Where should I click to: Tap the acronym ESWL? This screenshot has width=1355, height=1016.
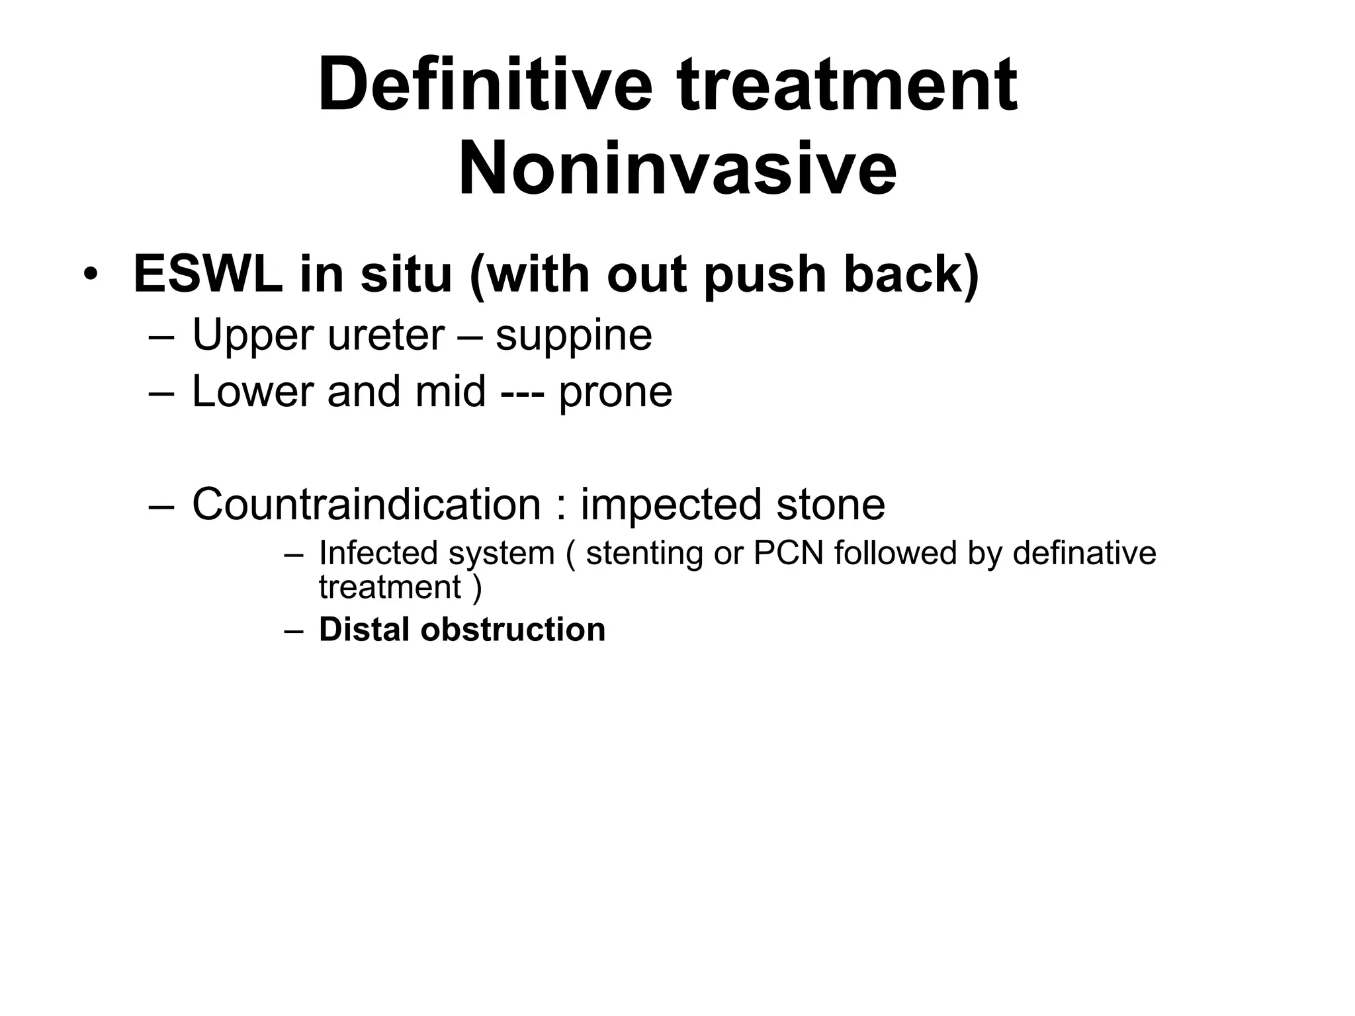[207, 274]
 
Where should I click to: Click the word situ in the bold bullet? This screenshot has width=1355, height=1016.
[406, 274]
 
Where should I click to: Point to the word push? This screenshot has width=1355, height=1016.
[765, 275]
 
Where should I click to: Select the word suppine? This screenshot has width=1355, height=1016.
[574, 337]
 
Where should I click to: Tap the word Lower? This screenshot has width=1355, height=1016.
[252, 392]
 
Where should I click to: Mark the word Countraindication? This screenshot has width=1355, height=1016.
[367, 505]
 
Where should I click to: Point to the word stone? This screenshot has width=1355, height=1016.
[830, 505]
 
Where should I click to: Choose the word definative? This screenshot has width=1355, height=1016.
[1084, 553]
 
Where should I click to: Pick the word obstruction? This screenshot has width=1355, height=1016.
[513, 629]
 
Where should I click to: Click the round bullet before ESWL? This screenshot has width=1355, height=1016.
[91, 275]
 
